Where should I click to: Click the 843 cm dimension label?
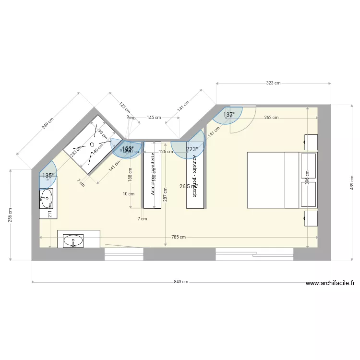pyautogui.click(x=181, y=282)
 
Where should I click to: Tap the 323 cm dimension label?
pyautogui.click(x=273, y=83)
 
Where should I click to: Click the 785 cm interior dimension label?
pyautogui.click(x=178, y=237)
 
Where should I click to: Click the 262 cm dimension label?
pyautogui.click(x=271, y=118)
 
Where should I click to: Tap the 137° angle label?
pyautogui.click(x=229, y=115)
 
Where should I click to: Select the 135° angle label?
pyautogui.click(x=48, y=176)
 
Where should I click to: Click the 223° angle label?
pyautogui.click(x=192, y=149)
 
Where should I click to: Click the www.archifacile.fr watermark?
pyautogui.click(x=330, y=284)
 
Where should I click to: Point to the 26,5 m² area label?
pyautogui.click(x=188, y=186)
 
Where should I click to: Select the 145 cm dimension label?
pyautogui.click(x=154, y=117)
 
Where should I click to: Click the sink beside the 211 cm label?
pyautogui.click(x=46, y=197)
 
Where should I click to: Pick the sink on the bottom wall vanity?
pyautogui.click(x=73, y=240)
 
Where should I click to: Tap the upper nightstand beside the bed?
pyautogui.click(x=311, y=142)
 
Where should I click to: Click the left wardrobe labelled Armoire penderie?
pyautogui.click(x=152, y=175)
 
